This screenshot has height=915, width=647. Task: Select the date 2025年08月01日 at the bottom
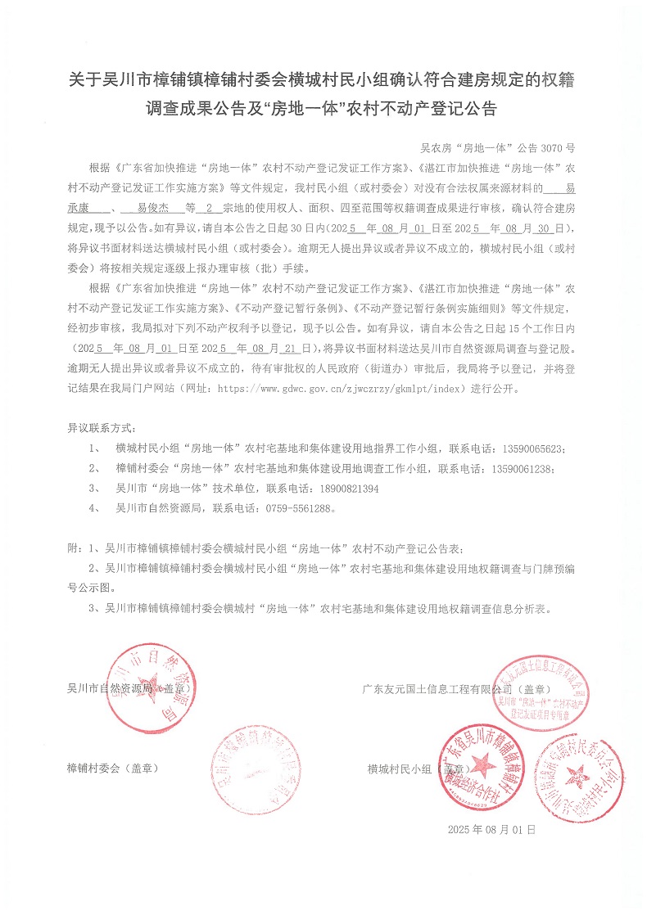coord(491,829)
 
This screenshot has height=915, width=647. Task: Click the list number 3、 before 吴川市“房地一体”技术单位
coord(95,488)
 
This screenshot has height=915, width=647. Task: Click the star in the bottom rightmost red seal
coord(580,772)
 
